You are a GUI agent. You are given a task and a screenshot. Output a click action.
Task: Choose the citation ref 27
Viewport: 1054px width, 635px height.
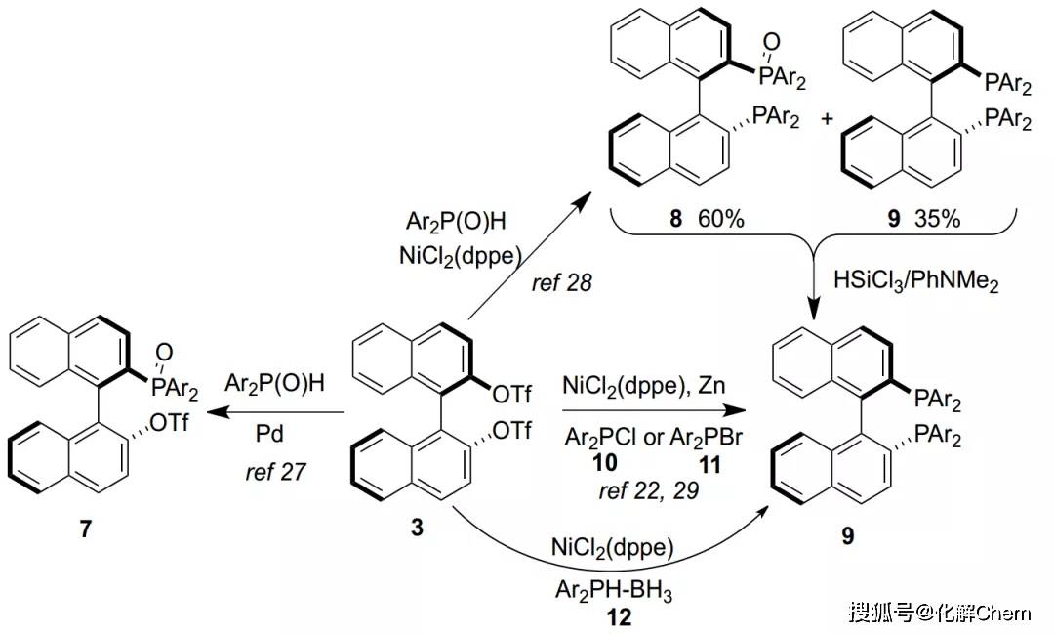[277, 473]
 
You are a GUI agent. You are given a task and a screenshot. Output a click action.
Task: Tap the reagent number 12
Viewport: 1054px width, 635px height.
[618, 617]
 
